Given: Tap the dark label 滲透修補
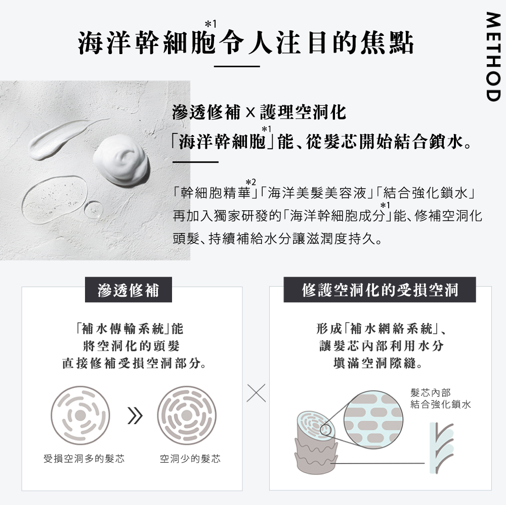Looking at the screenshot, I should [129, 290].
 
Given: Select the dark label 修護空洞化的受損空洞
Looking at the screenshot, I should [379, 290].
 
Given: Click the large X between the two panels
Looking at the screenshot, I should [256, 392].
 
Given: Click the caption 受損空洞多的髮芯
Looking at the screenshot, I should [84, 459].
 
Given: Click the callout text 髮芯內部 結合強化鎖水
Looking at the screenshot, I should [440, 398].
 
